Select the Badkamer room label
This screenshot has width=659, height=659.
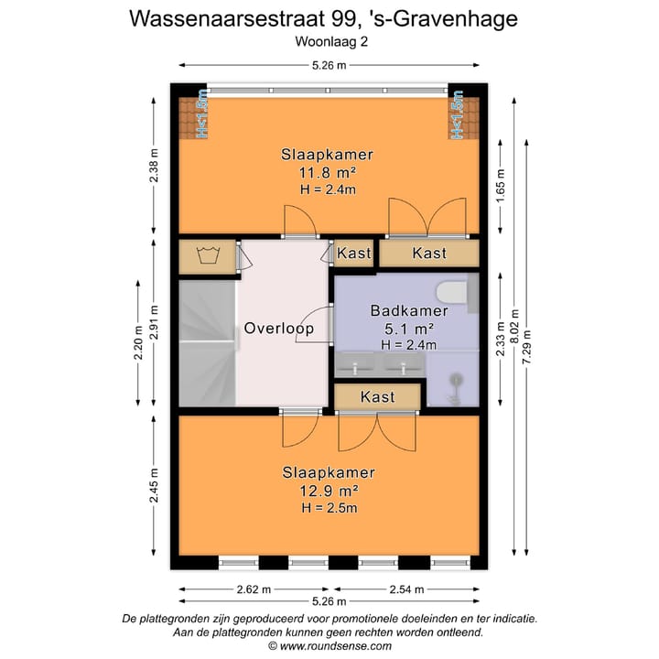pos(402,311)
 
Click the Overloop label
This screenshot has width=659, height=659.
pos(278,328)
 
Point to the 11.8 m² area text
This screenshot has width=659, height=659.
pos(327,172)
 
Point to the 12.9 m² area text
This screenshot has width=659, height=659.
pos(328,490)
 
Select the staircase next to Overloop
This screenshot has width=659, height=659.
pos(206,343)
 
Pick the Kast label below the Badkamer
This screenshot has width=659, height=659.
pos(377,397)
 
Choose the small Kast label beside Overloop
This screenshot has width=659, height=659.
pos(354,253)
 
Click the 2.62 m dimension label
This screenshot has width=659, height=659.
pos(249,589)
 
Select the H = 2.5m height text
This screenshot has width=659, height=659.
pos(328,507)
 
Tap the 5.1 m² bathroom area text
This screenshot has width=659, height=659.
pos(402,329)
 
